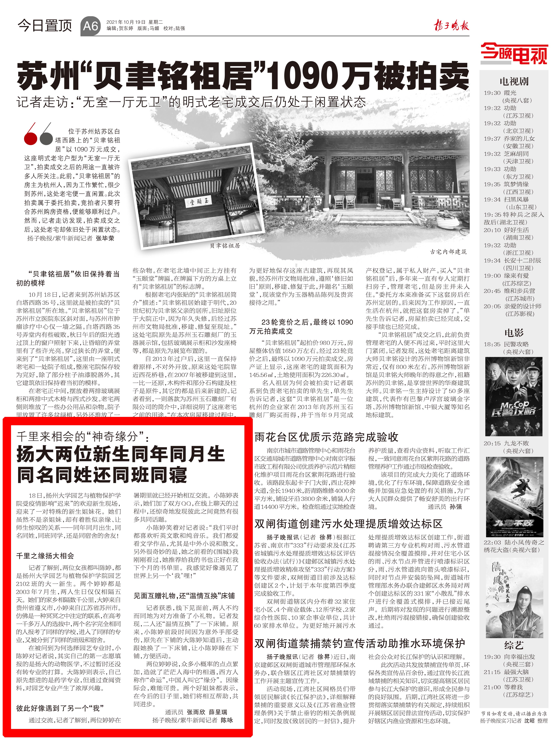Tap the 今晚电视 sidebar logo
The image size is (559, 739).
(514, 54)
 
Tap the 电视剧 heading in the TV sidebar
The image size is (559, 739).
(514, 81)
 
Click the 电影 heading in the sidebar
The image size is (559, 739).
(514, 332)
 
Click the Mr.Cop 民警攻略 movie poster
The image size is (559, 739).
(514, 396)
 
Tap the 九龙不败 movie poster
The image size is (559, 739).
(514, 497)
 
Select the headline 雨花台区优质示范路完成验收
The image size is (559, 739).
(326, 437)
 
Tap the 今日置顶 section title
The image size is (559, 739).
(45, 25)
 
